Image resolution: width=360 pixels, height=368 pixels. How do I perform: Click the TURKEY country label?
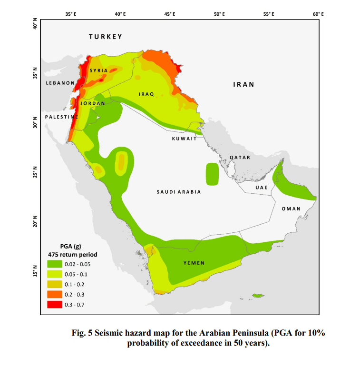point(106,37)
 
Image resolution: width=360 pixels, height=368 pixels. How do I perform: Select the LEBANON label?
point(60,83)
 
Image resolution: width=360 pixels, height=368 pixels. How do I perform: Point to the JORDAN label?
point(93,103)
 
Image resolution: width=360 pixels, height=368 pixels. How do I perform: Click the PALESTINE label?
point(61,117)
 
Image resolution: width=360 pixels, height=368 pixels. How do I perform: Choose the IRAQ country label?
point(146,94)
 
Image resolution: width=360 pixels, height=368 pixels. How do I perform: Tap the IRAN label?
point(243,84)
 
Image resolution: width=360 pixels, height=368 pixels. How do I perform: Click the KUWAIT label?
point(185,139)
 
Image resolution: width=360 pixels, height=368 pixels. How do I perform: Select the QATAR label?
point(240,157)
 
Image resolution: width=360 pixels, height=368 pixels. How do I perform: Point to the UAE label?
point(262,187)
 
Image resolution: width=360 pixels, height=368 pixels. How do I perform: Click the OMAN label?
point(291,209)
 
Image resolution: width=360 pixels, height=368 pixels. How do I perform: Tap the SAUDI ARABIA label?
point(179,192)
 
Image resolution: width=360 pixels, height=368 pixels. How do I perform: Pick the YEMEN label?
point(194,263)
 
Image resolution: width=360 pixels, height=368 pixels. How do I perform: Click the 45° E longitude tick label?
point(170,15)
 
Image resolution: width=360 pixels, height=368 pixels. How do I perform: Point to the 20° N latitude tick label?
point(35,222)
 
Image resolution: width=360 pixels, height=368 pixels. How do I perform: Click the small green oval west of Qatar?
point(212,174)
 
